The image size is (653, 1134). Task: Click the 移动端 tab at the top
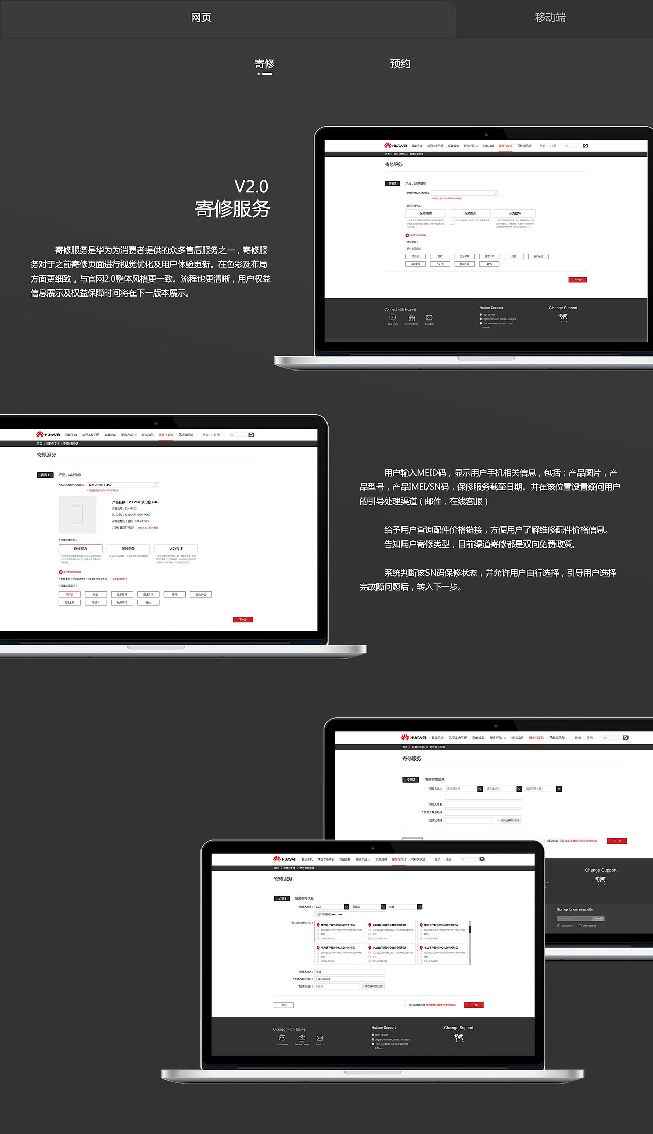(x=550, y=18)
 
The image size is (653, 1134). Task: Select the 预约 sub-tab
(x=400, y=64)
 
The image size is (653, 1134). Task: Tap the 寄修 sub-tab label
(x=264, y=64)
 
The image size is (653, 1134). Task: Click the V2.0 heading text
(x=251, y=187)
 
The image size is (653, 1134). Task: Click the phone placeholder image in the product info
(x=78, y=514)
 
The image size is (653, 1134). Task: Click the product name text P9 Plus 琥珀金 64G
(x=135, y=502)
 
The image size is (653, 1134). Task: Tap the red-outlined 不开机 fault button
(x=69, y=594)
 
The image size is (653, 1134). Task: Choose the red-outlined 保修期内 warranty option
(x=80, y=548)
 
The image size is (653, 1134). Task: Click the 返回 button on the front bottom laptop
(x=284, y=1005)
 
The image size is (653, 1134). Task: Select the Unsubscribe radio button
(x=580, y=925)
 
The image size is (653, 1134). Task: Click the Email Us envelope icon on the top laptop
(x=429, y=318)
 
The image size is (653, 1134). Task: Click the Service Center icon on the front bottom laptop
(x=302, y=1038)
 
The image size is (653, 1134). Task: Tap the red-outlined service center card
(x=339, y=931)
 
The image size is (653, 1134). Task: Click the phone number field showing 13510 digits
(x=349, y=979)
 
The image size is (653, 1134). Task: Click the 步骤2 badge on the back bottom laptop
(x=410, y=779)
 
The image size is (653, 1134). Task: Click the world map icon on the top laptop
(x=563, y=317)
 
